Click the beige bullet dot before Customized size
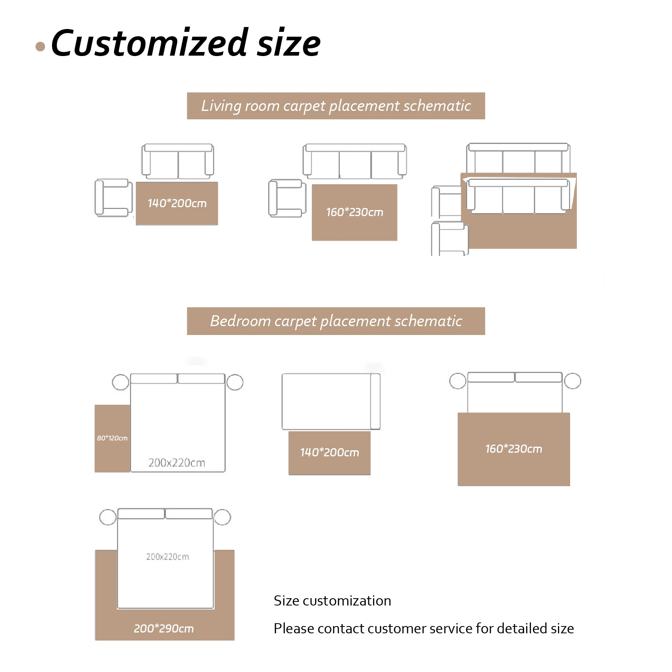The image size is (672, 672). pyautogui.click(x=40, y=46)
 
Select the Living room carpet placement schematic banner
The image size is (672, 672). pyautogui.click(x=336, y=106)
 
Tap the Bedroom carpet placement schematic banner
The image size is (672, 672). pyautogui.click(x=336, y=321)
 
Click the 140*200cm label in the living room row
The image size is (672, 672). pyautogui.click(x=177, y=203)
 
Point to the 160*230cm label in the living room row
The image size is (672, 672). pyautogui.click(x=355, y=212)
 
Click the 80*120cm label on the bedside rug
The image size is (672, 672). pyautogui.click(x=112, y=438)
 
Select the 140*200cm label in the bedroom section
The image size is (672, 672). pyautogui.click(x=330, y=452)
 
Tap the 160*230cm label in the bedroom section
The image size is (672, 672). pyautogui.click(x=514, y=449)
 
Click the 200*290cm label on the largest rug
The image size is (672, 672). pyautogui.click(x=164, y=628)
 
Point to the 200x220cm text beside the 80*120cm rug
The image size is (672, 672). pyautogui.click(x=176, y=463)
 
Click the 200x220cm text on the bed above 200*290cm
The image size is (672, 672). pyautogui.click(x=167, y=557)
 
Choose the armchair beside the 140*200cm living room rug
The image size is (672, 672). pyautogui.click(x=113, y=198)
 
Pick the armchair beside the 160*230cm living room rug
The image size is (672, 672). pyautogui.click(x=287, y=198)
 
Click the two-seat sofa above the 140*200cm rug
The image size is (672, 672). pyautogui.click(x=178, y=161)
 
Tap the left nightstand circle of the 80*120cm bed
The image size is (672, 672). pyautogui.click(x=120, y=382)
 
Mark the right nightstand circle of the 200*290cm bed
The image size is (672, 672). pyautogui.click(x=222, y=517)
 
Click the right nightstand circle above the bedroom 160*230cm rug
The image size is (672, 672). pyautogui.click(x=572, y=381)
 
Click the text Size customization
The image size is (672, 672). pyautogui.click(x=332, y=601)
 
